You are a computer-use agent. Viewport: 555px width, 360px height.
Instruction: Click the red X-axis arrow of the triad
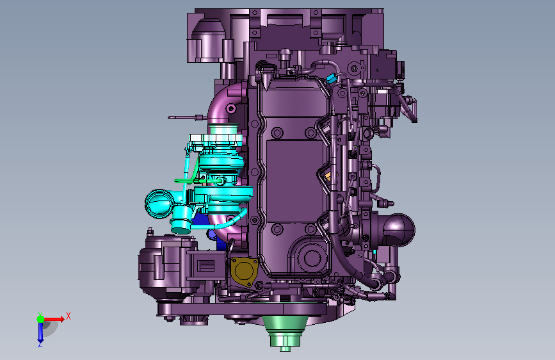click(53, 319)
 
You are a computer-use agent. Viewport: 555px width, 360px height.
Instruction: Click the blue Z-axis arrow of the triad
click(40, 332)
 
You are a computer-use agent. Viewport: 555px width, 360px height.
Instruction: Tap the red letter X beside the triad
click(68, 316)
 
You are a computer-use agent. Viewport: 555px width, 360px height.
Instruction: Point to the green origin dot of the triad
click(41, 319)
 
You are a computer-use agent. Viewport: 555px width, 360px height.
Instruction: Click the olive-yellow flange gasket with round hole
click(244, 272)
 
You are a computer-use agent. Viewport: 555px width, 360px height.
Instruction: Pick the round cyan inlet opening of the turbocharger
click(159, 204)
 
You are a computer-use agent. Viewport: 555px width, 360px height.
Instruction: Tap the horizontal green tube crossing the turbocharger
click(198, 181)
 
